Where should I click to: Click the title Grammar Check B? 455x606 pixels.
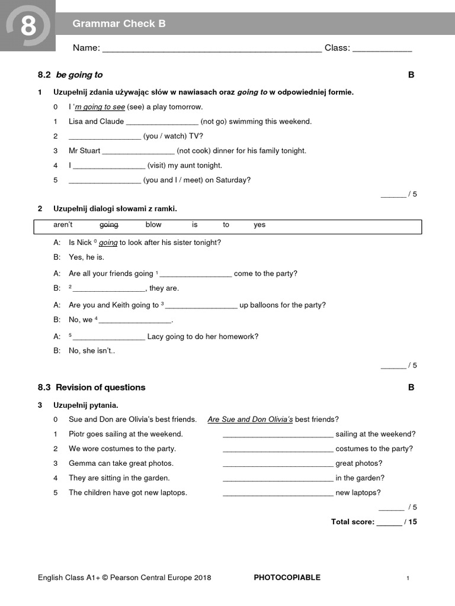[119, 24]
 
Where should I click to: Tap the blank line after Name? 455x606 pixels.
[212, 49]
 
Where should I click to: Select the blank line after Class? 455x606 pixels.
[382, 49]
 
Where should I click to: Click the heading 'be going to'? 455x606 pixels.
[79, 75]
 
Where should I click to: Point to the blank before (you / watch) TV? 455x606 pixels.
[105, 137]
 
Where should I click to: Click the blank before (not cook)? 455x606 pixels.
[139, 151]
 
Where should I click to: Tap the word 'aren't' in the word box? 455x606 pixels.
[63, 225]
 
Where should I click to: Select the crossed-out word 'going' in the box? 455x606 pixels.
[109, 225]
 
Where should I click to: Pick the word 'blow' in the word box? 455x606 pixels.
[153, 225]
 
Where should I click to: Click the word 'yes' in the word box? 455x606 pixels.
[259, 225]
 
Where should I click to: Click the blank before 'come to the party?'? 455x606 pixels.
[196, 275]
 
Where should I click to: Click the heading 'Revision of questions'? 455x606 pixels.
[100, 388]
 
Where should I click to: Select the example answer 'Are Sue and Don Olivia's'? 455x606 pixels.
[250, 420]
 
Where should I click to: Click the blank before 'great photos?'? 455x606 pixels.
[278, 465]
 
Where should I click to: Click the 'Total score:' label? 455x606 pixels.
[353, 522]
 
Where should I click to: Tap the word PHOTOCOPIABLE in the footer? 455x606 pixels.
[287, 578]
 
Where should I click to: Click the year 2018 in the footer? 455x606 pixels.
[201, 578]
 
